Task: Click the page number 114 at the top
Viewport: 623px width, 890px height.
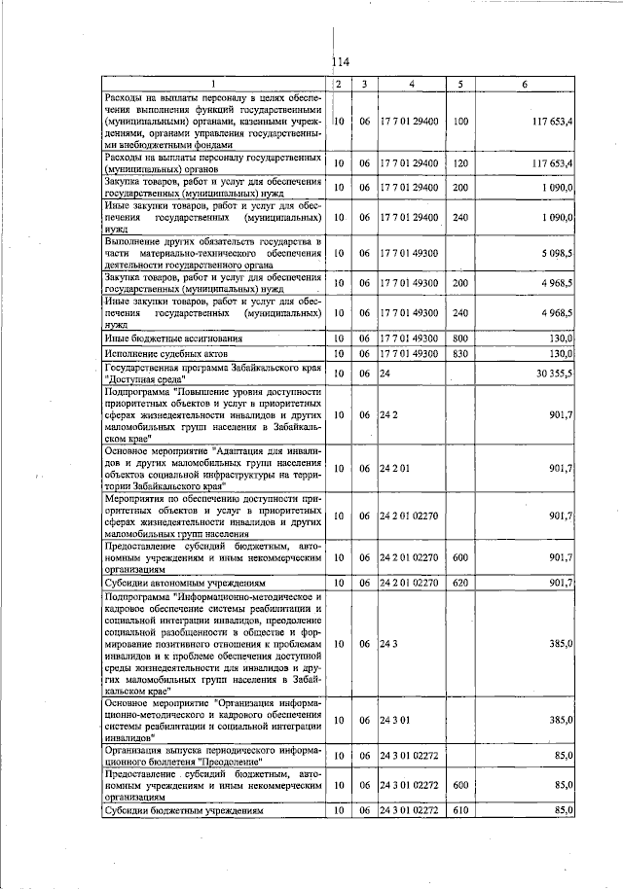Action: click(341, 62)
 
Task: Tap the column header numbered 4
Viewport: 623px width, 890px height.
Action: click(412, 85)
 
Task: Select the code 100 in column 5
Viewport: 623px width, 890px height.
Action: click(461, 121)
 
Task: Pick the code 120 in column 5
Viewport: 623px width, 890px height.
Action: click(461, 162)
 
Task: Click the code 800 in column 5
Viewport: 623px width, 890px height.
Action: click(461, 338)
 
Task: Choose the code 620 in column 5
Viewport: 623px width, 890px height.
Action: click(461, 582)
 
